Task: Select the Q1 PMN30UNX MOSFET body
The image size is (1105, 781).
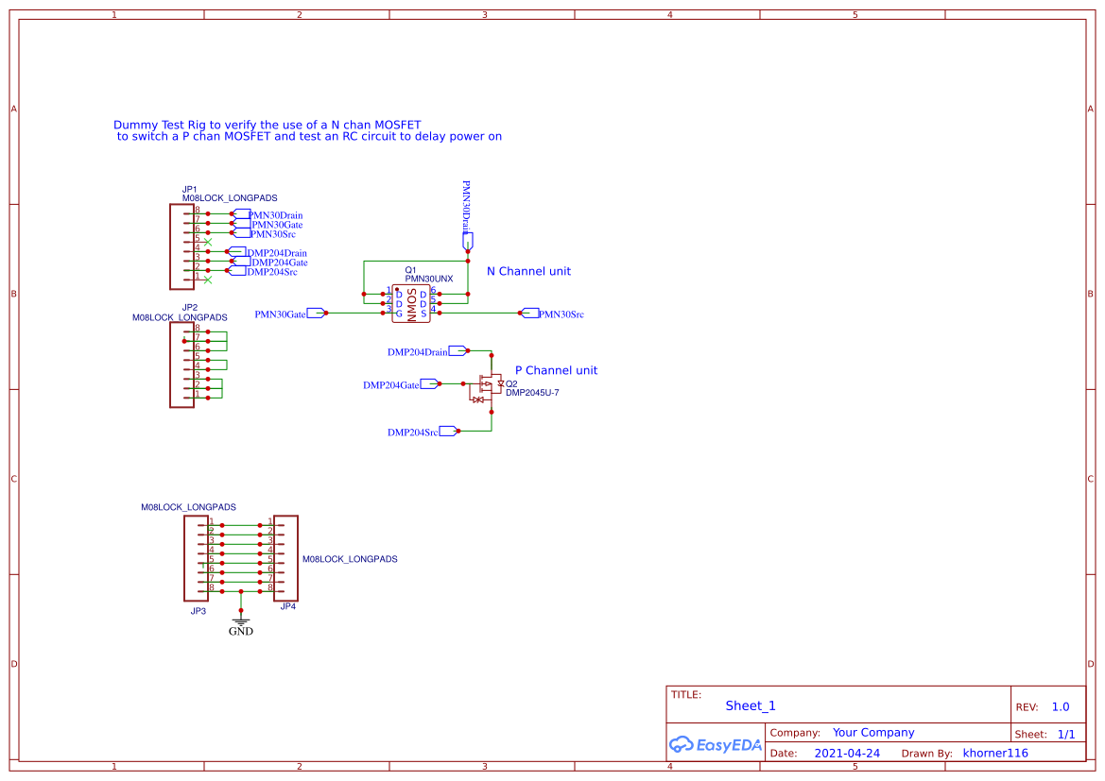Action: pos(411,303)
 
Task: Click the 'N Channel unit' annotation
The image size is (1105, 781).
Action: pos(528,271)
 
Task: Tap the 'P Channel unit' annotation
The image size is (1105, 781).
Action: pos(556,370)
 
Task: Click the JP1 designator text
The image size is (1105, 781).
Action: pos(189,189)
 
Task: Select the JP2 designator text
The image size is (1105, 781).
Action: pos(189,308)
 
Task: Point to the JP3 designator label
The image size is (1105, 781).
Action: pos(198,611)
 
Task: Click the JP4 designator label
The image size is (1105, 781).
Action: pos(288,606)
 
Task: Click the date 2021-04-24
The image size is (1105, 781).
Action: pos(847,754)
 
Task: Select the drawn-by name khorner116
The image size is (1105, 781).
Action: pos(994,754)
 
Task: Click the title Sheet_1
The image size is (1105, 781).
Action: pos(750,705)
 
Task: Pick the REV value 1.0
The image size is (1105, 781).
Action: pos(1060,706)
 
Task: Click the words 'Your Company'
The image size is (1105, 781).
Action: pos(872,733)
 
